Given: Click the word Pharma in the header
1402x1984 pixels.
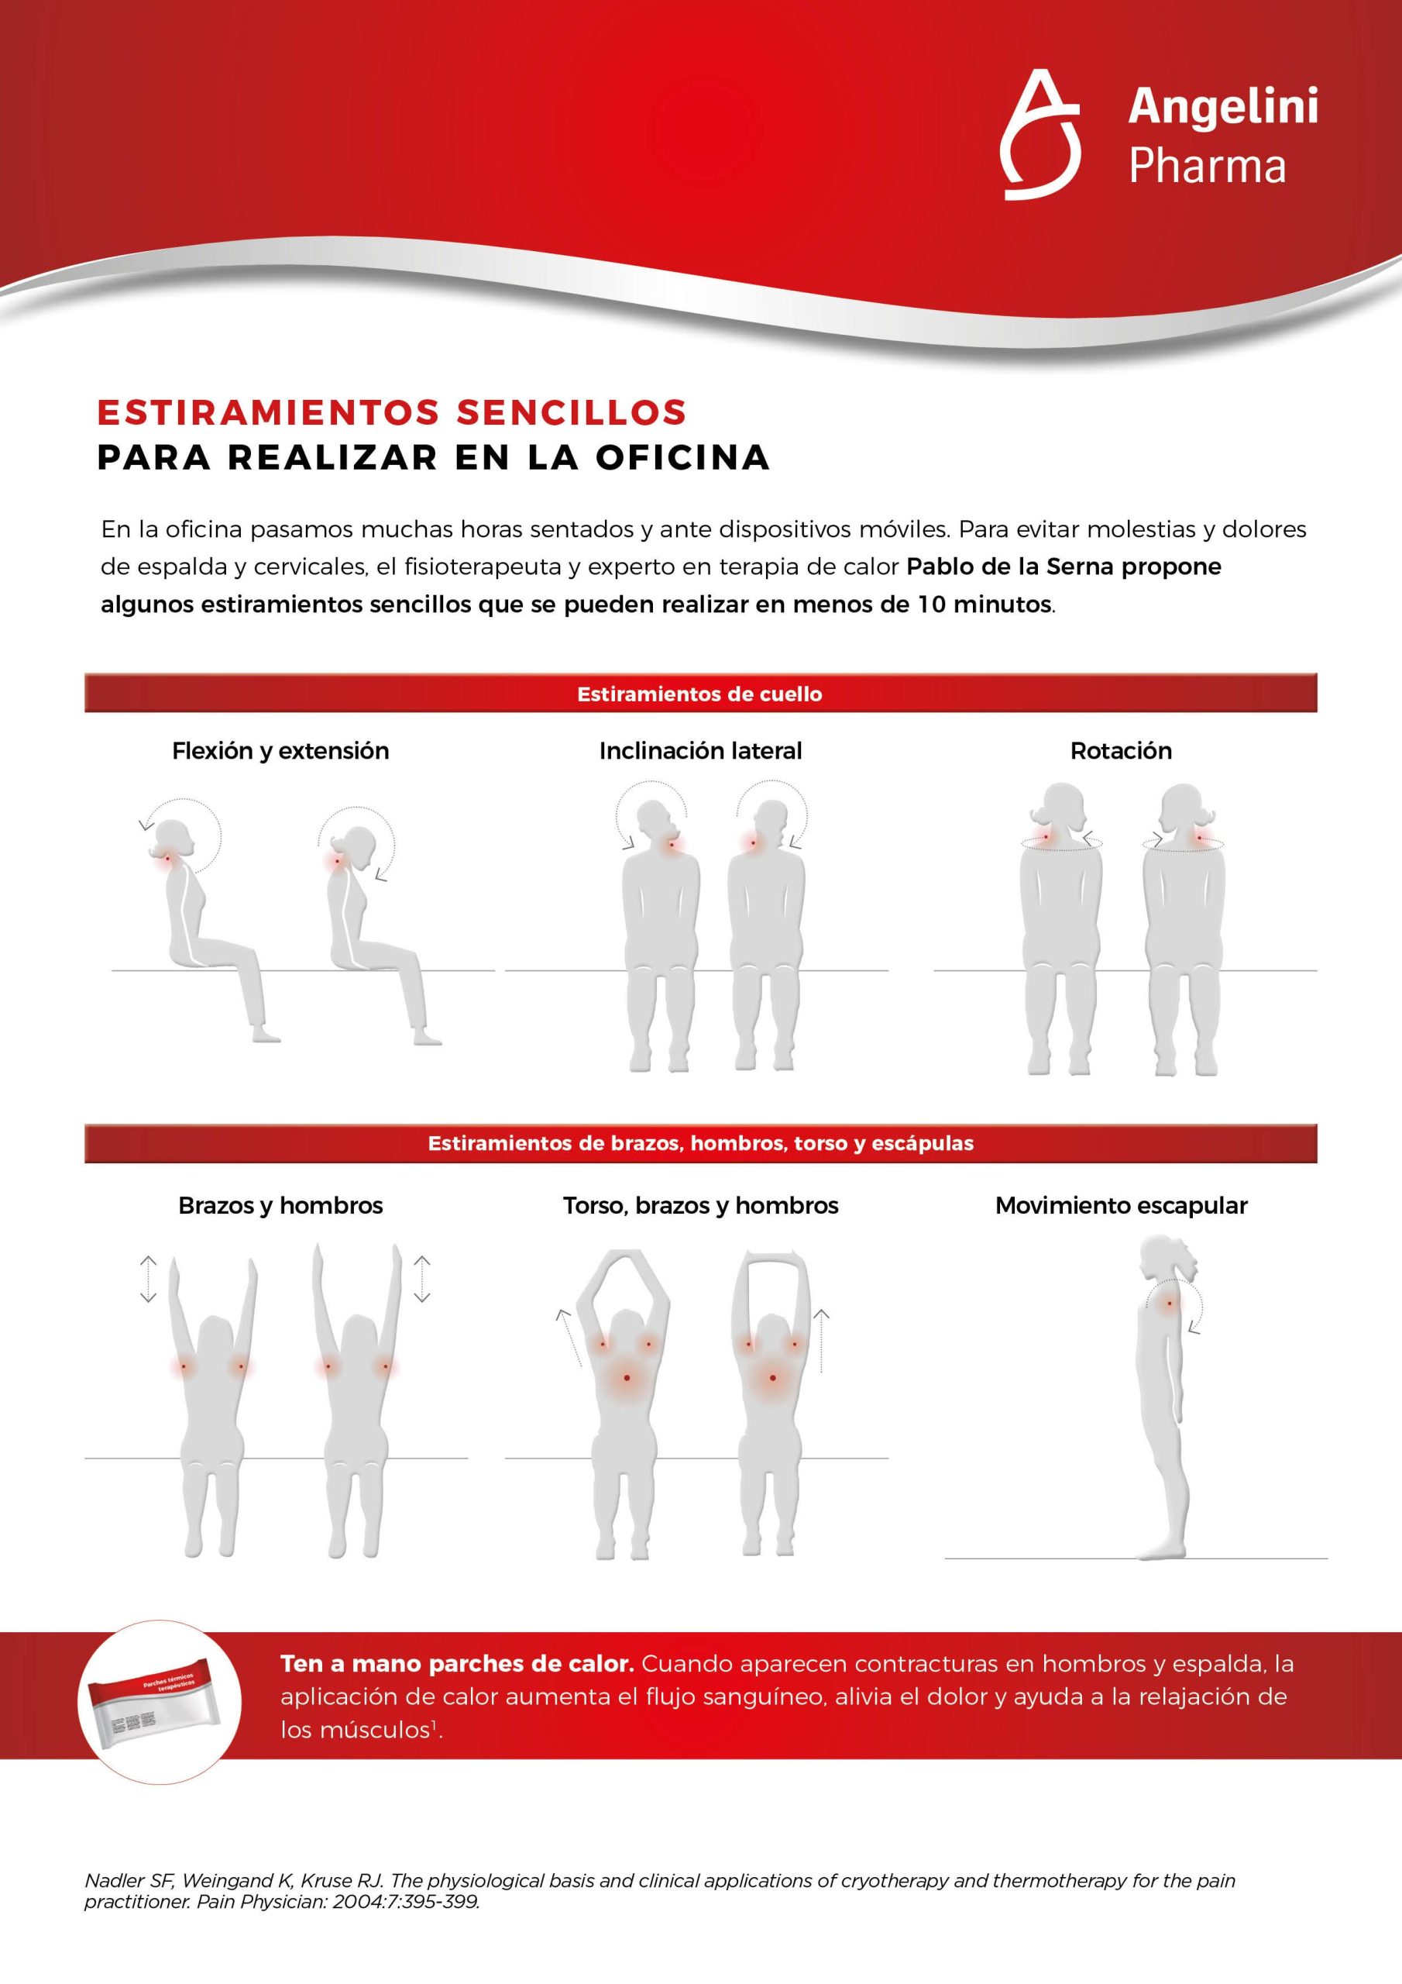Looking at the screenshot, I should pos(1207,167).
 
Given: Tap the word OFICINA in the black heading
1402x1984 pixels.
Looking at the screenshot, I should pos(682,457).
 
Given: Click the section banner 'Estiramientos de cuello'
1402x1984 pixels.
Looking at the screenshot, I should pos(699,694).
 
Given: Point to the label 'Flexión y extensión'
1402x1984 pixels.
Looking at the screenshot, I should pos(280,751).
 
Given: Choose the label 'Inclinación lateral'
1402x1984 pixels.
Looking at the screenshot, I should pos(699,751).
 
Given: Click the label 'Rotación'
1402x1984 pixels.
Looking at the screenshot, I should pos(1120,751).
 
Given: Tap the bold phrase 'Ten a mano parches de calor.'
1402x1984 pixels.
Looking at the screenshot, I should pos(457,1663).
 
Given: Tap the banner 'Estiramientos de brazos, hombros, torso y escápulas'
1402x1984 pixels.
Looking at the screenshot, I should pos(699,1143).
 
